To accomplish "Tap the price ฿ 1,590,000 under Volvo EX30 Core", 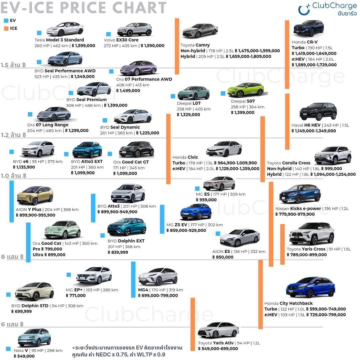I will pos(152,46).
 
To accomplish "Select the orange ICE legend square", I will pos(6,28).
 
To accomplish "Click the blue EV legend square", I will pos(6,20).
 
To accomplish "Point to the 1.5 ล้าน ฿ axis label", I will pos(13,65).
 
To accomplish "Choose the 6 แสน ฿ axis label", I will pos(12,324).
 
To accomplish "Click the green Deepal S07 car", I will pos(245,90).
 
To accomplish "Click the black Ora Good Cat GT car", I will pos(136,150).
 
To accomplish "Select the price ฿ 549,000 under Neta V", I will pos(24,356).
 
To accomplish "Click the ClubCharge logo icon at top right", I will pos(304,10).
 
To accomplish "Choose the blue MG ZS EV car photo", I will pos(196,212).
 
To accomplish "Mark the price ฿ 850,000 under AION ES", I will pos(223,257).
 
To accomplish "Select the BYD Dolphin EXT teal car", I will pos(127,227).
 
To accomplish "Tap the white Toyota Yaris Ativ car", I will pos(218,330).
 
